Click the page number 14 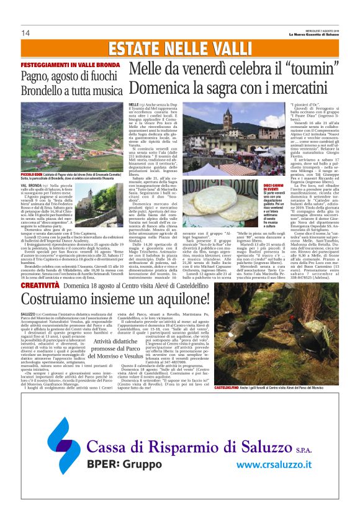tap(25, 33)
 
